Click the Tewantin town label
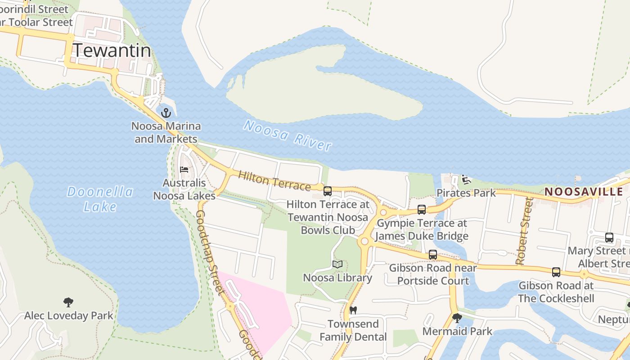tap(112, 50)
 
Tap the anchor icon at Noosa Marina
tap(166, 112)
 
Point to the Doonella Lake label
tap(100, 199)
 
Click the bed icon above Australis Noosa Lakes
tap(184, 170)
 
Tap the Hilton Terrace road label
tap(274, 180)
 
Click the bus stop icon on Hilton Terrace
tap(328, 191)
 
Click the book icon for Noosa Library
tap(337, 265)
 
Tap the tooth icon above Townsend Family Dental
tap(353, 310)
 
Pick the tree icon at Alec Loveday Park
tap(68, 302)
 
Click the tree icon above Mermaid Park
tap(457, 318)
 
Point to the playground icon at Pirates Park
tap(466, 180)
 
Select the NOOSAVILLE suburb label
tap(584, 192)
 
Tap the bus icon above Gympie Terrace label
tap(422, 210)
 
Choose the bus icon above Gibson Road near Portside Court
tap(433, 255)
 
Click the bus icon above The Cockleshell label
tap(556, 272)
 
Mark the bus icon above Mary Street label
tap(609, 238)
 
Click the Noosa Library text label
tap(337, 278)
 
